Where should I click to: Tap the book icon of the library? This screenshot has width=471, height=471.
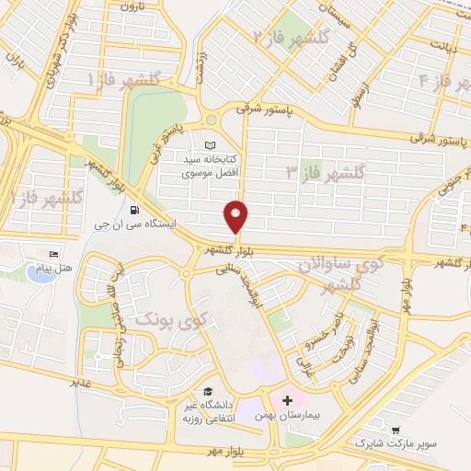(x=210, y=146)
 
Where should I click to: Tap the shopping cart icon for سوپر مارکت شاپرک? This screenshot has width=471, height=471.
(x=396, y=430)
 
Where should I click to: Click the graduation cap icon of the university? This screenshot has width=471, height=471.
(x=210, y=390)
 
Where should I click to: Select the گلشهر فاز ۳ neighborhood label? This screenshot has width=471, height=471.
(x=326, y=172)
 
